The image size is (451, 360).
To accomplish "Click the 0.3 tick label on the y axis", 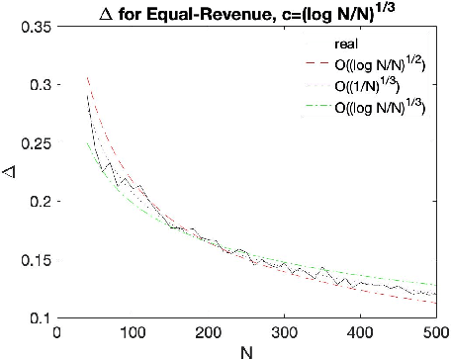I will (x=41, y=86).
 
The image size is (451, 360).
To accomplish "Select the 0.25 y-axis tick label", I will (x=37, y=144).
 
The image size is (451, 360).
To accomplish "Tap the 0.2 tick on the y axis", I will (x=41, y=202).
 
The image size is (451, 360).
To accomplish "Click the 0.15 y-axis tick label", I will (x=37, y=260).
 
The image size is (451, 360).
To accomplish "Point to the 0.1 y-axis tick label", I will (x=41, y=317).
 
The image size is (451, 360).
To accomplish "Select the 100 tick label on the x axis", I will (x=133, y=331).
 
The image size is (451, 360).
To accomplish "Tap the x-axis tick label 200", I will (x=209, y=331).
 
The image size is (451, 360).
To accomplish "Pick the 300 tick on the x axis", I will (x=285, y=331).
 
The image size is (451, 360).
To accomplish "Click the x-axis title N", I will (x=246, y=350).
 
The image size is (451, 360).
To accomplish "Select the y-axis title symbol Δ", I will (x=11, y=173).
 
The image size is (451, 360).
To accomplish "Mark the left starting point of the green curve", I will (x=87, y=142).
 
